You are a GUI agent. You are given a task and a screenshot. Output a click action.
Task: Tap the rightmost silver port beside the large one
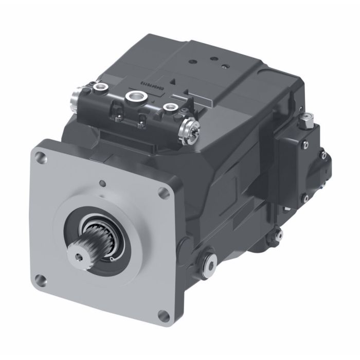168,107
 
